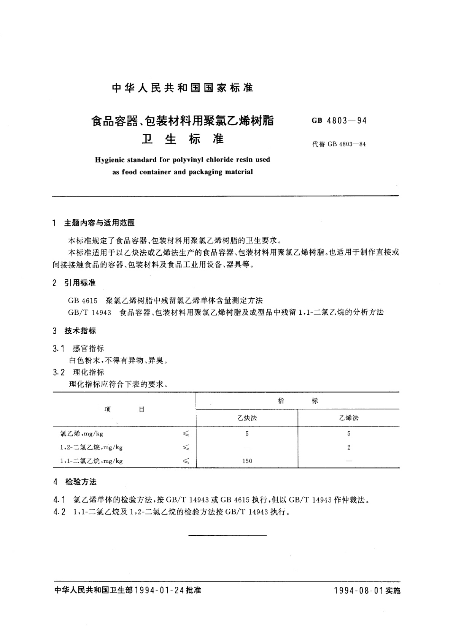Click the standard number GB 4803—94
point(339,121)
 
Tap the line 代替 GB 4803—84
point(339,144)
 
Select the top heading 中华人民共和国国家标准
point(183,88)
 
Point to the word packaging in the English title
point(200,172)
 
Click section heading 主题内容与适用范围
point(100,223)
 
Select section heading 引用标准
point(80,283)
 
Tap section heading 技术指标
point(80,331)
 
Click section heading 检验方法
point(81,482)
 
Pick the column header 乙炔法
point(247,418)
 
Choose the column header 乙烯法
point(349,418)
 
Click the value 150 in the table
point(247,461)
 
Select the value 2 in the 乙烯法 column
point(349,447)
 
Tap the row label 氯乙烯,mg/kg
point(82,434)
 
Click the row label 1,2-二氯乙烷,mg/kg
point(91,447)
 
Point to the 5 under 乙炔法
point(247,434)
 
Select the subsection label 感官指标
point(88,349)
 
